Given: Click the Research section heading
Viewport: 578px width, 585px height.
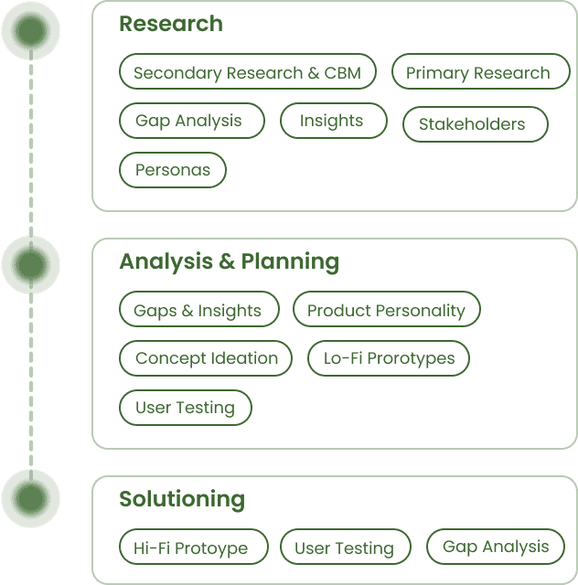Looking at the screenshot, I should (x=170, y=24).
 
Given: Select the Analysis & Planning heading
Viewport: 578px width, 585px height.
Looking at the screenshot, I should (x=229, y=261).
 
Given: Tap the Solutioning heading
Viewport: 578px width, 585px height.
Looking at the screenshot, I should (x=182, y=499).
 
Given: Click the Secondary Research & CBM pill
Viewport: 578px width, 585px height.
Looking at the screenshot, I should (x=247, y=73).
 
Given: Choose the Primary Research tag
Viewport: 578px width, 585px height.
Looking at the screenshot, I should (x=479, y=73).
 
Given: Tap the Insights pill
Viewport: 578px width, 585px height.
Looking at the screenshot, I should (x=332, y=121).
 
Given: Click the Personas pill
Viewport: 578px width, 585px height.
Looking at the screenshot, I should (x=172, y=170).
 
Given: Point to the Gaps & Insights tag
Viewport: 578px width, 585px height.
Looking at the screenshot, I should (x=198, y=311).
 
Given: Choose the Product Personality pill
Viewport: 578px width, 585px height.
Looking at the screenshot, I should (x=386, y=311).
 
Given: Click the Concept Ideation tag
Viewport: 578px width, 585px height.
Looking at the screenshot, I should (x=206, y=358).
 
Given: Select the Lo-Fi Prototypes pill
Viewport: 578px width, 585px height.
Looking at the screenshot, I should (x=388, y=358).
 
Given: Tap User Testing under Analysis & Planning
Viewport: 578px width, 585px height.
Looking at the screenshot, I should (x=185, y=408).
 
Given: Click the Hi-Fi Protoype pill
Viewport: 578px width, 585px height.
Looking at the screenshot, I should (x=193, y=548).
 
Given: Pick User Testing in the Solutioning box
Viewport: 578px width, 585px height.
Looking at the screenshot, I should (x=344, y=548).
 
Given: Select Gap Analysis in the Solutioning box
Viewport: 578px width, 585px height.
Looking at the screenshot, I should (x=496, y=547).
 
